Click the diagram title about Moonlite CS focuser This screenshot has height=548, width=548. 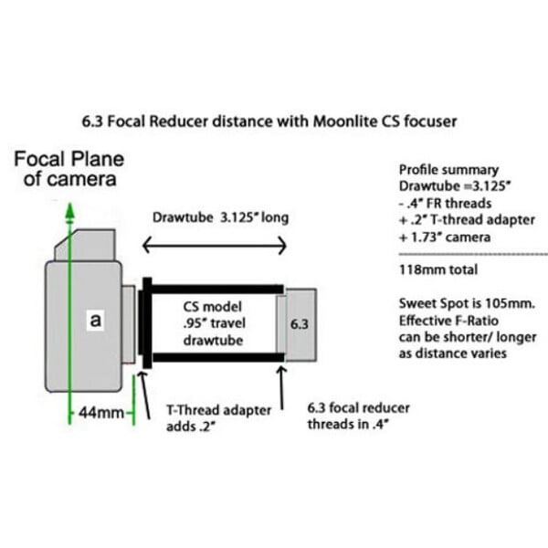pos(274,120)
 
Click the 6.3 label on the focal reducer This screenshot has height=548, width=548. pos(300,324)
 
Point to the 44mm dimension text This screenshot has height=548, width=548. pos(99,413)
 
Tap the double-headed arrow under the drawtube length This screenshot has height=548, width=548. pos(214,245)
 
